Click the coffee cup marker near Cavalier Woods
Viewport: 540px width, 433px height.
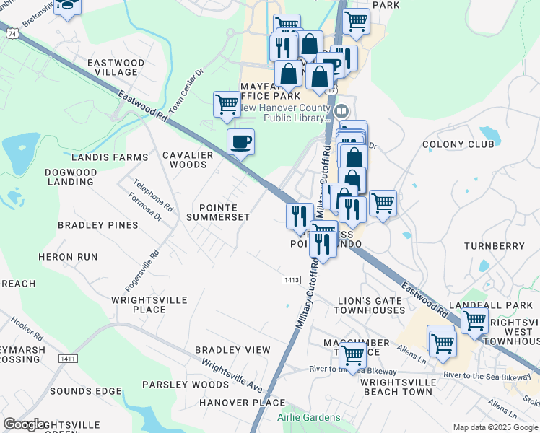(240, 141)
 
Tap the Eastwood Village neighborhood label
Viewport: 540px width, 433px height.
(116, 67)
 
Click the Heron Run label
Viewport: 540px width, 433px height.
(68, 257)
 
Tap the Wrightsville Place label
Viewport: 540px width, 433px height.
(149, 304)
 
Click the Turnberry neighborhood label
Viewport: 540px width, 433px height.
(495, 246)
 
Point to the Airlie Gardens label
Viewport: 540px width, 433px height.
(308, 418)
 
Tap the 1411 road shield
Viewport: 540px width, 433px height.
(69, 359)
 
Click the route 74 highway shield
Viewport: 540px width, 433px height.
(11, 34)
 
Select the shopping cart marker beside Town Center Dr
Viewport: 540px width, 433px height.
(227, 104)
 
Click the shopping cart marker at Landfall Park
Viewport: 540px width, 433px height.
(475, 320)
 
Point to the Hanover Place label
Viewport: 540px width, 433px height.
(232, 403)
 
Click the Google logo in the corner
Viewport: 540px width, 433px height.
(25, 424)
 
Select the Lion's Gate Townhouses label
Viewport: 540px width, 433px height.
(370, 305)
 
